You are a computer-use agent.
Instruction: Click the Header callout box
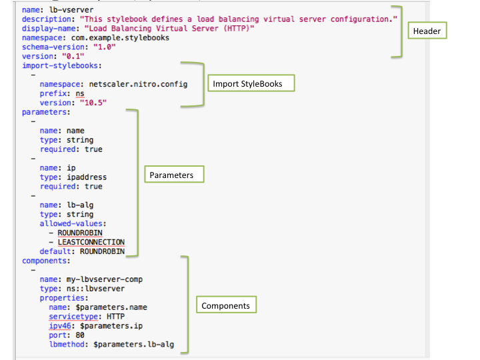click(x=427, y=31)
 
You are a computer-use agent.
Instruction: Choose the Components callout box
click(x=225, y=305)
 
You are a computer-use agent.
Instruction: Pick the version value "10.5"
click(x=93, y=103)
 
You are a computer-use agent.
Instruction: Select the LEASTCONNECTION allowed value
click(x=91, y=242)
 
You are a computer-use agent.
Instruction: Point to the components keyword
click(x=47, y=261)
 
